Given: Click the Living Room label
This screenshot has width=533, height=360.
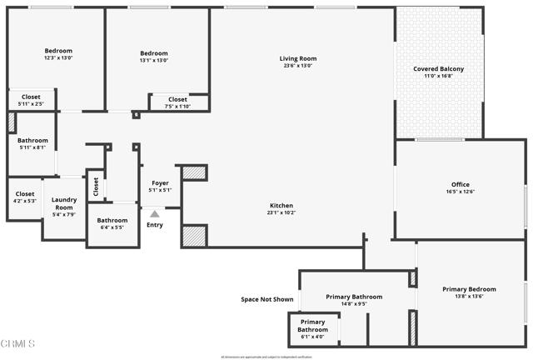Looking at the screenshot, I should click(297, 58).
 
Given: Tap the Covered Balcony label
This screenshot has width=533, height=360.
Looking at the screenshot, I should click(439, 68).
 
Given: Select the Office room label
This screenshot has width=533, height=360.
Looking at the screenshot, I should click(461, 184).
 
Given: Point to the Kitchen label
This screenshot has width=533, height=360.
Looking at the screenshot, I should click(281, 205).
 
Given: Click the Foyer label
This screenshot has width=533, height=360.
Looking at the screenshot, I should click(160, 182).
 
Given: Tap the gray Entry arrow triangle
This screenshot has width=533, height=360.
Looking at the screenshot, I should click(154, 214).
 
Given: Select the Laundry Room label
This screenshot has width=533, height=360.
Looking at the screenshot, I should click(64, 203).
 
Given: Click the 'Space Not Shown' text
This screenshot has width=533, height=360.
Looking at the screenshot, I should click(266, 299).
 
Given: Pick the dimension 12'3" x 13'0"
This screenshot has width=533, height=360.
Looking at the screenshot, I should click(58, 58).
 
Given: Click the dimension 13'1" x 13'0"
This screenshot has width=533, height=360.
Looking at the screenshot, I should click(153, 60).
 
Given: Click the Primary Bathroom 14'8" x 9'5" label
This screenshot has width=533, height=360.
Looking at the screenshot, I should click(354, 300).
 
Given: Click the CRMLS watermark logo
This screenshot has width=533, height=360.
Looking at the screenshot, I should click(18, 344).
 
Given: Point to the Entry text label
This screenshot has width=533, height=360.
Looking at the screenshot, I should click(155, 224).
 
